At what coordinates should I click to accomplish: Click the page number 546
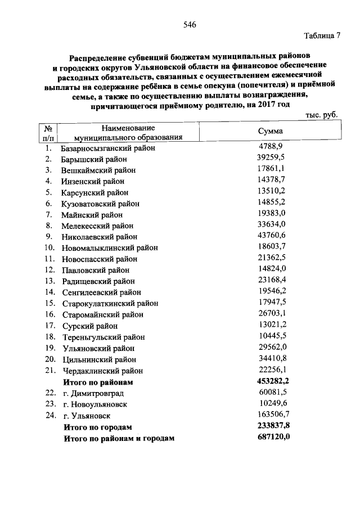(x=190, y=25)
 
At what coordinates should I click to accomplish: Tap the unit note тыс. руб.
(x=322, y=115)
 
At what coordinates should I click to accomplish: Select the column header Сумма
(x=270, y=131)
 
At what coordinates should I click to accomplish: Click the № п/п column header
(x=49, y=132)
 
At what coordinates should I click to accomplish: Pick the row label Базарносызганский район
(x=107, y=148)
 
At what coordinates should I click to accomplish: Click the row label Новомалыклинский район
(x=110, y=247)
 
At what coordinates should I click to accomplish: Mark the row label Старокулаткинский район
(x=110, y=303)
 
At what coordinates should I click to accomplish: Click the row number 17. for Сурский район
(x=49, y=326)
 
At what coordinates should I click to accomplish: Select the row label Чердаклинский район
(x=102, y=371)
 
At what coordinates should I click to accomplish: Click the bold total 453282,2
(x=273, y=381)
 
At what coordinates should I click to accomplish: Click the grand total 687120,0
(x=273, y=436)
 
